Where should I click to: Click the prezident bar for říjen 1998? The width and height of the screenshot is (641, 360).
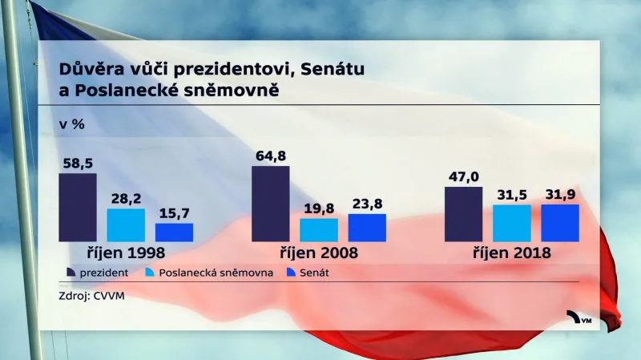click(x=78, y=207)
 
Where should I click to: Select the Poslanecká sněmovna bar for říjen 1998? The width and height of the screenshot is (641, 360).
click(x=126, y=224)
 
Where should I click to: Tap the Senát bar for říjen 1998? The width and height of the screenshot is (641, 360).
click(x=174, y=232)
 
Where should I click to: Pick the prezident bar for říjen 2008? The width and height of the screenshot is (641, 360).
click(x=271, y=204)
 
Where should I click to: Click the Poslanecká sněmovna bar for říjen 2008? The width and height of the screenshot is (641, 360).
click(x=319, y=229)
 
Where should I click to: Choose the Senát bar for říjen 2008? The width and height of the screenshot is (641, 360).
click(x=367, y=227)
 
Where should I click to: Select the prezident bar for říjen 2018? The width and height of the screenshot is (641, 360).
click(x=464, y=214)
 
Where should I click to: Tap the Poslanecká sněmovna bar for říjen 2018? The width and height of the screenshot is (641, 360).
click(x=512, y=223)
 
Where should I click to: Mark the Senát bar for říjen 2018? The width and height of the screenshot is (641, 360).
click(x=560, y=222)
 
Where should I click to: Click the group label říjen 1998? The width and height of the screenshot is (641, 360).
click(x=126, y=253)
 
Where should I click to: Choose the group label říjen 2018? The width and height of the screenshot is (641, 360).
click(x=512, y=253)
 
